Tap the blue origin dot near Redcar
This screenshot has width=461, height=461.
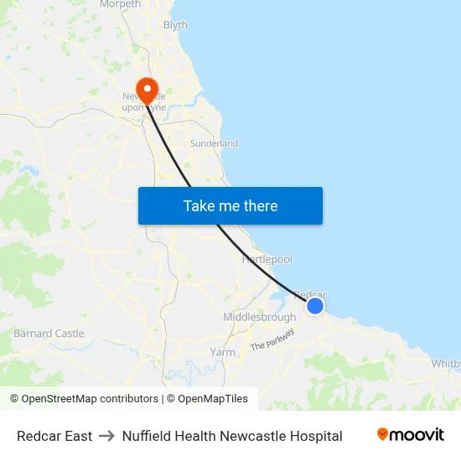click(315, 306)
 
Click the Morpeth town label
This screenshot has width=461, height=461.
click(120, 4)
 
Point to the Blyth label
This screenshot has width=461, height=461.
click(175, 25)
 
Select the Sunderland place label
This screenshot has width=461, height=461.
click(214, 143)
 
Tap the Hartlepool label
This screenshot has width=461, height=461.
click(267, 260)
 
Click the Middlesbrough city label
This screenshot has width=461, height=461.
click(259, 318)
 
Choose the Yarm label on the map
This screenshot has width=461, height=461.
click(222, 352)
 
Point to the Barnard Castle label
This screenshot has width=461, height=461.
click(49, 334)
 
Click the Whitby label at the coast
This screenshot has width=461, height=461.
click(445, 364)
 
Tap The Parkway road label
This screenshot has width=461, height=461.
click(272, 339)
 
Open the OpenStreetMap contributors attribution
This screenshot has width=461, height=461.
click(84, 399)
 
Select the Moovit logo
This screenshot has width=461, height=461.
click(410, 435)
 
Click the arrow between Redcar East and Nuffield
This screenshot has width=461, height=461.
click(106, 436)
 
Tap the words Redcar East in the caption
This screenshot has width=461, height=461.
click(54, 436)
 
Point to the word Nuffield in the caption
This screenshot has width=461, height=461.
click(145, 436)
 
